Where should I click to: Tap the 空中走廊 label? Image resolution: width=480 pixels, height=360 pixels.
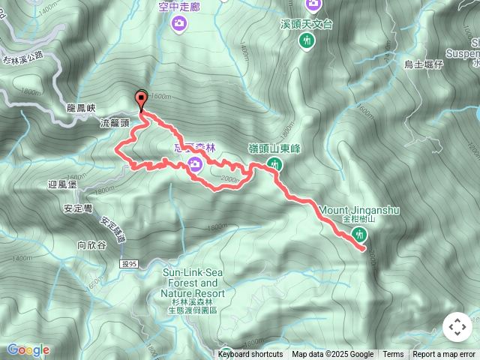178,7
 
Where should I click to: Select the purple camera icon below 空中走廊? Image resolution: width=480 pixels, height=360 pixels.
178,24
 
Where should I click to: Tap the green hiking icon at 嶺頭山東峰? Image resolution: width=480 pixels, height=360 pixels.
275,163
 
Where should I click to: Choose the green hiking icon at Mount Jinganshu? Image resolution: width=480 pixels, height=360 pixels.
358,235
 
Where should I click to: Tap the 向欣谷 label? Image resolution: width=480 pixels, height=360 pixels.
91,244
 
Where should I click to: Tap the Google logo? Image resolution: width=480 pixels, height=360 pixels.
28,349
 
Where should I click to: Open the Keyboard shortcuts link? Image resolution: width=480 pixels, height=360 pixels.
250,355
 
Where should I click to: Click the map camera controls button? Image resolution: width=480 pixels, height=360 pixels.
457,327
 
